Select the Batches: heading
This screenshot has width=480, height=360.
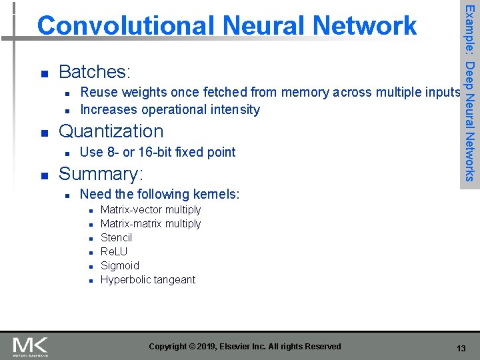pyautogui.click(x=95, y=71)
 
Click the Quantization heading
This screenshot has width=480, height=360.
pyautogui.click(x=111, y=131)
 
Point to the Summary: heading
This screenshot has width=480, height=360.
pyautogui.click(x=101, y=174)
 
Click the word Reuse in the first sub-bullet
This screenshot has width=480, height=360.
pyautogui.click(x=99, y=92)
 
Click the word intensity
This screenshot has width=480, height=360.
pyautogui.click(x=233, y=109)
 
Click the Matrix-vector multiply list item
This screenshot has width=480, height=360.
pyautogui.click(x=150, y=209)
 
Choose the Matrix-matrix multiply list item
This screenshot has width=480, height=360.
pyautogui.click(x=150, y=223)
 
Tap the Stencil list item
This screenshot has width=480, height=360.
pyautogui.click(x=116, y=237)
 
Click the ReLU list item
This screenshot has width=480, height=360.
pyautogui.click(x=114, y=251)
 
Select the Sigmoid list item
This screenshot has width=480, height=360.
pyautogui.click(x=119, y=265)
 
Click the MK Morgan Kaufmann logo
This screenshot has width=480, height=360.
pyautogui.click(x=31, y=347)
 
